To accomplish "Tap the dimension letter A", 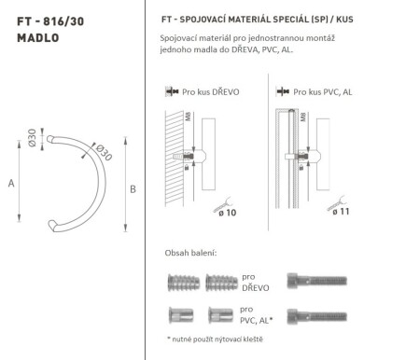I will [11, 184].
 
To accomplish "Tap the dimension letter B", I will [133, 189].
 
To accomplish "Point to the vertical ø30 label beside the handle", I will [32, 137].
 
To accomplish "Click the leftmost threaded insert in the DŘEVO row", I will [182, 281].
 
